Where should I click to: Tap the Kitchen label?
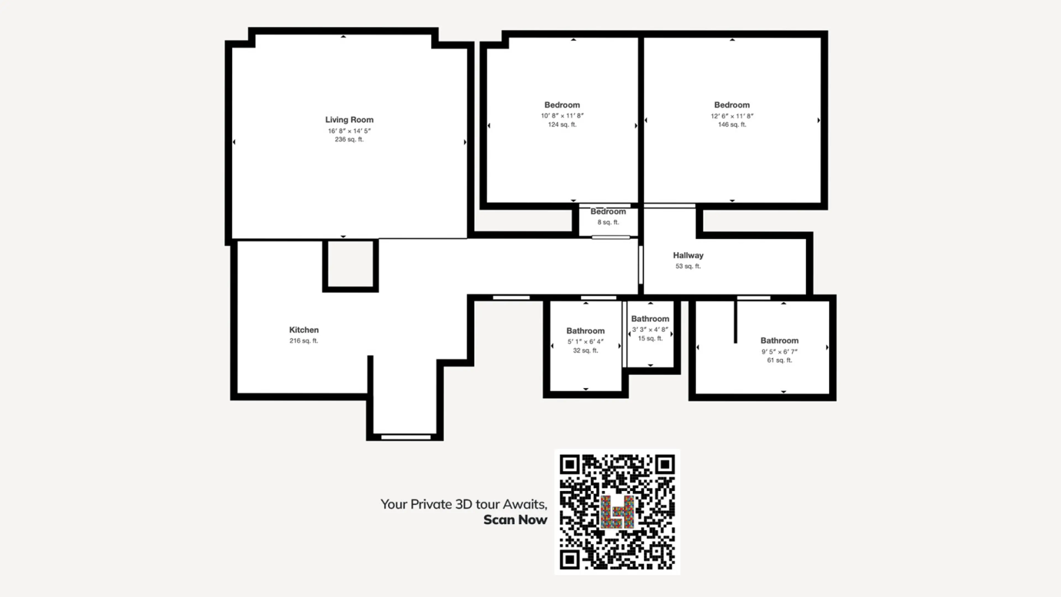coord(304,330)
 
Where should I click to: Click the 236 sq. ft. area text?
coord(349,140)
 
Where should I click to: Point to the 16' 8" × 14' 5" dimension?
coord(349,131)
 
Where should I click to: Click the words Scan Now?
coord(515,520)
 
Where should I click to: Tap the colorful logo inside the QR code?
coord(617,512)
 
